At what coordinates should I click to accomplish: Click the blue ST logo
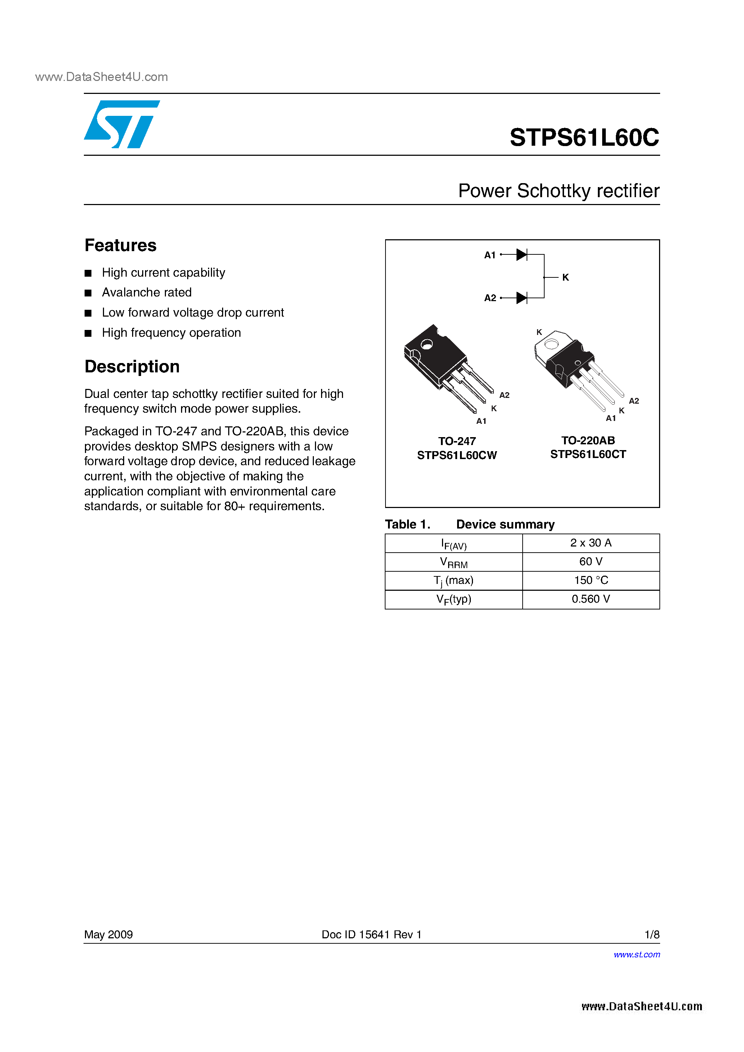click(x=121, y=124)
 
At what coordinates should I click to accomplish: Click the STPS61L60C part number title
click(x=584, y=137)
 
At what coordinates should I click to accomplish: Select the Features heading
click(x=121, y=246)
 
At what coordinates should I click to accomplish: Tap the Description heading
click(x=132, y=367)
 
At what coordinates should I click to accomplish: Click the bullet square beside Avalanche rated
click(x=88, y=293)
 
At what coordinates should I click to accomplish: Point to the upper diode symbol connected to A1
click(x=522, y=255)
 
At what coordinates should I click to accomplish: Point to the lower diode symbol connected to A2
click(x=522, y=298)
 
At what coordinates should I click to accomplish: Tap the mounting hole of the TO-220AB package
click(x=551, y=343)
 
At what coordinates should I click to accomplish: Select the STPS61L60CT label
click(x=588, y=454)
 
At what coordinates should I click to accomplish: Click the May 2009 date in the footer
click(x=108, y=934)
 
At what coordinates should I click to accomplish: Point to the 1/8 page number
click(x=651, y=934)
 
